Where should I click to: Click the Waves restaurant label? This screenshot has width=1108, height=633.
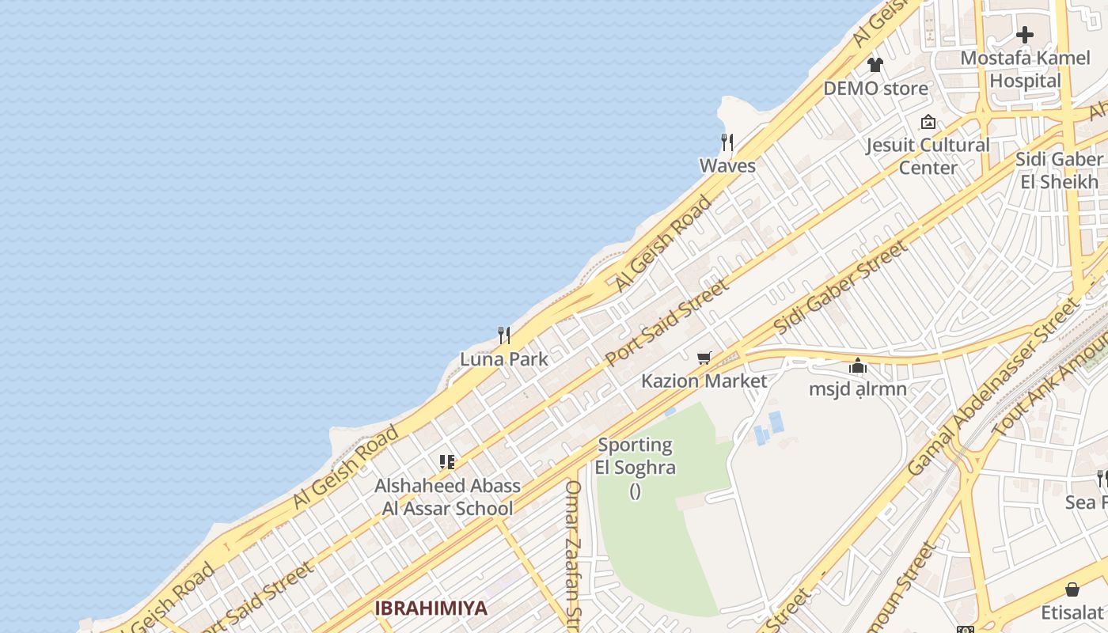pos(727,166)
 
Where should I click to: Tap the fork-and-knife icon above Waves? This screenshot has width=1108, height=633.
pos(727,142)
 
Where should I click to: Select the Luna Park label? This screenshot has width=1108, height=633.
pos(504,359)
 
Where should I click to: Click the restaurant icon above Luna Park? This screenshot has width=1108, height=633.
pos(504,335)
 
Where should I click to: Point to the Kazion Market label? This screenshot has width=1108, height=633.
pos(704,381)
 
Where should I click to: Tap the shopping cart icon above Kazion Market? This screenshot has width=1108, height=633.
pos(704,358)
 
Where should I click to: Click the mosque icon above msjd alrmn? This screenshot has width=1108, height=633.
pos(858,366)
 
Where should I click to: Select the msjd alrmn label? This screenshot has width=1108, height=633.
pos(858,389)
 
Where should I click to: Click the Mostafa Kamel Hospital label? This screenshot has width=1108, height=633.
pos(1025,70)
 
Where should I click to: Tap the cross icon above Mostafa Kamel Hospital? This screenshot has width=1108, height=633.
pos(1025,35)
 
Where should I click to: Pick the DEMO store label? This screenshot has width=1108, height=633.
pos(875,89)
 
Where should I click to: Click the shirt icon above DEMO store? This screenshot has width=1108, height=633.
pos(875,65)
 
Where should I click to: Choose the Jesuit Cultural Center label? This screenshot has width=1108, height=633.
pos(928,156)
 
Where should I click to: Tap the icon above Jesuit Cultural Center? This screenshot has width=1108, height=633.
pos(928,122)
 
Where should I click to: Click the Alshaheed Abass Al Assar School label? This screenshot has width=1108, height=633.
pos(447,497)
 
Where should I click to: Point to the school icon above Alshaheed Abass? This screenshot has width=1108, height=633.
pos(447,462)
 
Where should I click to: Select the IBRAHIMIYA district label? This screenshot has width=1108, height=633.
pos(431,608)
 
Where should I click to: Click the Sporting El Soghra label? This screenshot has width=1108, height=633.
pos(636,457)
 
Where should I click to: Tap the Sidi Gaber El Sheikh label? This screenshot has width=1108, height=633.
pos(1059,170)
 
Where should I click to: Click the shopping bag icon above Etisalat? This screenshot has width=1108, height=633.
pos(1072,589)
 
